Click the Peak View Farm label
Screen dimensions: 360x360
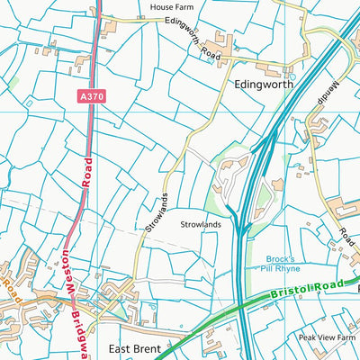click(x=328, y=337)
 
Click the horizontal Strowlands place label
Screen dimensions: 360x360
click(x=200, y=224)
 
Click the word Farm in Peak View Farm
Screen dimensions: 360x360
click(x=347, y=337)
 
